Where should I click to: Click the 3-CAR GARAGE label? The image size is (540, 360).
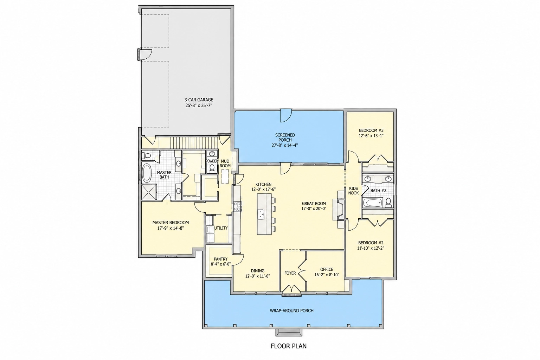199,99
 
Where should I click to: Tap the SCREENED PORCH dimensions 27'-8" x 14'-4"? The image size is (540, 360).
285,145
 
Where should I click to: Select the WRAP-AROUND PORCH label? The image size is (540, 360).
292,311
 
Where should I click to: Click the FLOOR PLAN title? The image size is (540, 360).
289,346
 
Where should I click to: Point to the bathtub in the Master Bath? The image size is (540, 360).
146,173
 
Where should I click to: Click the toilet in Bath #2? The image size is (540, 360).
388,202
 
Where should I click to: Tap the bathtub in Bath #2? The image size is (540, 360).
373,203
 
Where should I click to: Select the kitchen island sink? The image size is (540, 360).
261,214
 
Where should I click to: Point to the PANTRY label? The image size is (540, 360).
220,259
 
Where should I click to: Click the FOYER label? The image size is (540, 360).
290,273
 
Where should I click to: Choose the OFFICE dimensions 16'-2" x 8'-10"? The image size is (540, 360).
327,275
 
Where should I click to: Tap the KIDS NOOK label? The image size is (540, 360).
353,191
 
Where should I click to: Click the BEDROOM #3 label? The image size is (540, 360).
371,130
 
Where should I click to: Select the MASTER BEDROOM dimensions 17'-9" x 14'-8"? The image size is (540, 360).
171,228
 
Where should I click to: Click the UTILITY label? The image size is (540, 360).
221,228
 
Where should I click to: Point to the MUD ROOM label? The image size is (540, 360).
225,163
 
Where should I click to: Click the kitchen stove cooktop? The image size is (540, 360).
238,207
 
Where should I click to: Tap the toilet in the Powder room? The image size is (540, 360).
212,168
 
